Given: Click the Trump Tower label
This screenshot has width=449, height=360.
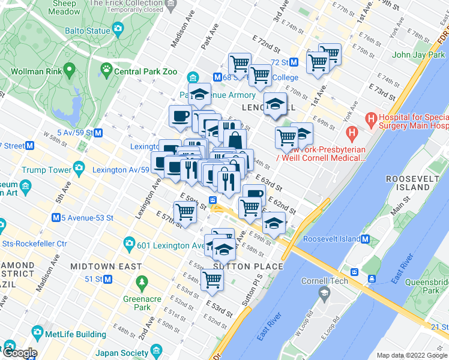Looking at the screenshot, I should tap(47, 170).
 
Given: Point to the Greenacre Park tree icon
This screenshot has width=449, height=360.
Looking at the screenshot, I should tap(142, 281).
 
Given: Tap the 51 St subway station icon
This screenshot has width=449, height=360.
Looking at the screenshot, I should tap(107, 279).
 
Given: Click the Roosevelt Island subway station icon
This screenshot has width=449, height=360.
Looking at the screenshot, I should tap(364, 239).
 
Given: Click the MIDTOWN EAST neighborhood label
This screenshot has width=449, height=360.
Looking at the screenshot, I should tap(106, 266).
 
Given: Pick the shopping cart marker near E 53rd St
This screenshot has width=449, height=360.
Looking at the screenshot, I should tap(212, 278).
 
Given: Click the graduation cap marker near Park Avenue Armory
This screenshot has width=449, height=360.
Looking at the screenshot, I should tap(199, 94).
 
